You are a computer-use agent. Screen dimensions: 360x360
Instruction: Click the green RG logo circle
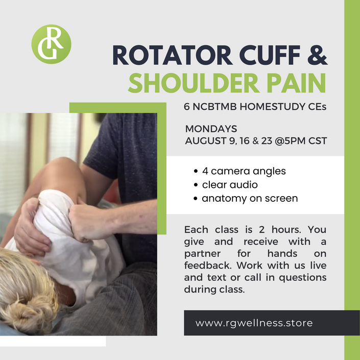(x=51, y=44)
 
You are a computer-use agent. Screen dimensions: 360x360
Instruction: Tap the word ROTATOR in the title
(x=173, y=55)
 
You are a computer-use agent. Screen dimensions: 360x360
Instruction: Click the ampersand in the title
(x=318, y=55)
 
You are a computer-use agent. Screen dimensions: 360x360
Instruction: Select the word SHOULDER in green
(x=194, y=83)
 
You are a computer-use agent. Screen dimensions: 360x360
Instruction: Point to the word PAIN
(x=296, y=83)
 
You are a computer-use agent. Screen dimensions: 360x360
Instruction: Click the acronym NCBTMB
(x=214, y=107)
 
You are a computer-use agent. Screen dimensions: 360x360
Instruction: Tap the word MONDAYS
(x=211, y=129)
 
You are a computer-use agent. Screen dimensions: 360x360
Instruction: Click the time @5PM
(x=290, y=141)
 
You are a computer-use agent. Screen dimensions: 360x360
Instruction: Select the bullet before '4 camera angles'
(x=196, y=171)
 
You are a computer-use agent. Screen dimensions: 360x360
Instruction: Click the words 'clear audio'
(x=230, y=184)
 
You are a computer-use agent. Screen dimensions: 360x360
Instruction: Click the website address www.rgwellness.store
(x=254, y=323)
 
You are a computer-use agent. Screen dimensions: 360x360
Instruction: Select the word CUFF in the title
(x=270, y=55)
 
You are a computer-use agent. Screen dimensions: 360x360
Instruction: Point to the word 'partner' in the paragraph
(x=202, y=254)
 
